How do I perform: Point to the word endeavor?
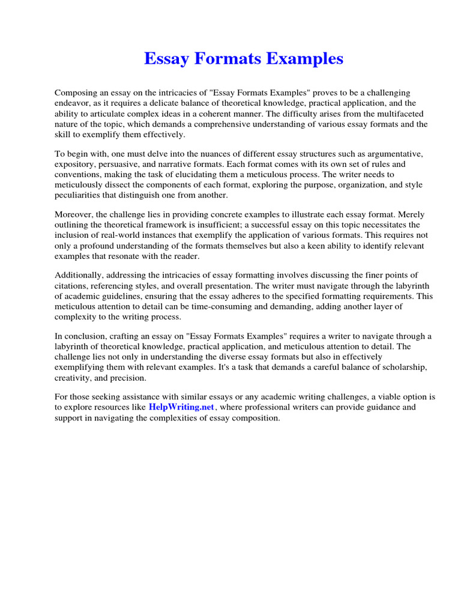[x=73, y=103]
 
